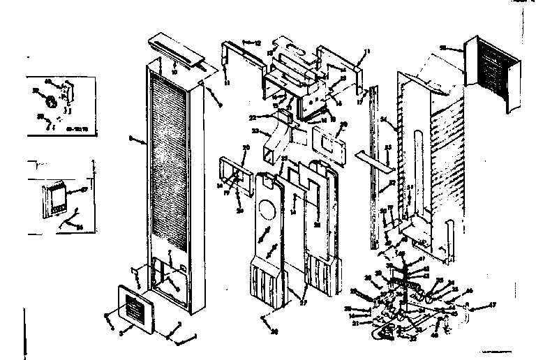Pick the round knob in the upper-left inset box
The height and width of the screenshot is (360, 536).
point(50,103)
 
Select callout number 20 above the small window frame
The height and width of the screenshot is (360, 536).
point(246,147)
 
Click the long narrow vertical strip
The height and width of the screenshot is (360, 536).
point(378,167)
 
